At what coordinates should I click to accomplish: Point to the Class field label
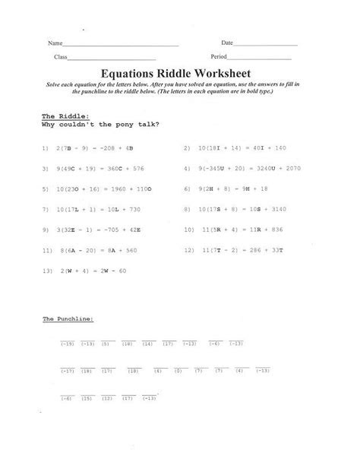pyautogui.click(x=61, y=58)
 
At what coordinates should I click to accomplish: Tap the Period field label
pyautogui.click(x=219, y=58)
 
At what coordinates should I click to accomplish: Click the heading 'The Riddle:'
pyautogui.click(x=60, y=115)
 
